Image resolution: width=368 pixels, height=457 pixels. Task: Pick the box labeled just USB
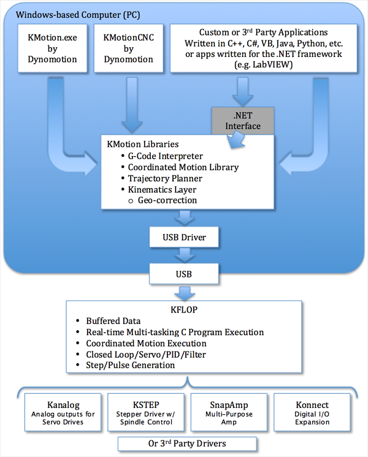(185, 271)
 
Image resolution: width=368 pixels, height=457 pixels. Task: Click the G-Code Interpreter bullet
(165, 156)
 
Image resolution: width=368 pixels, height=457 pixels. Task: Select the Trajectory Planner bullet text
(165, 178)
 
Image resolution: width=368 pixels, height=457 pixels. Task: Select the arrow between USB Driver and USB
(185, 253)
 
